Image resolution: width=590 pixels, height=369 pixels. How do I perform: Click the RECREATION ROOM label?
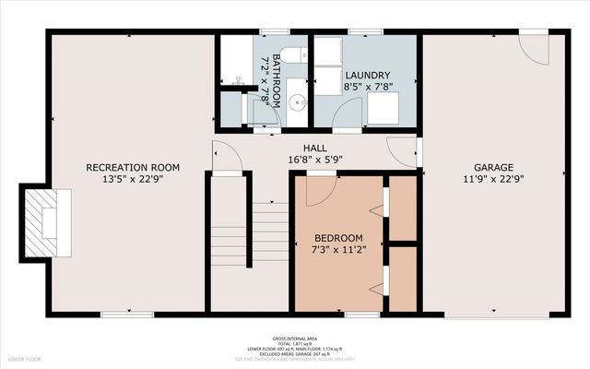pyautogui.click(x=132, y=167)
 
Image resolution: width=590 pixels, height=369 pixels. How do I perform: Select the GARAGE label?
pyautogui.click(x=494, y=167)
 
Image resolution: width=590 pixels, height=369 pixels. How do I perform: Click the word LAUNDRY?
pyautogui.click(x=367, y=75)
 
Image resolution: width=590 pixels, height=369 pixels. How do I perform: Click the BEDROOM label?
pyautogui.click(x=338, y=237)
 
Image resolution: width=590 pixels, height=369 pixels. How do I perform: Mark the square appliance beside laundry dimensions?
pyautogui.click(x=383, y=109)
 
